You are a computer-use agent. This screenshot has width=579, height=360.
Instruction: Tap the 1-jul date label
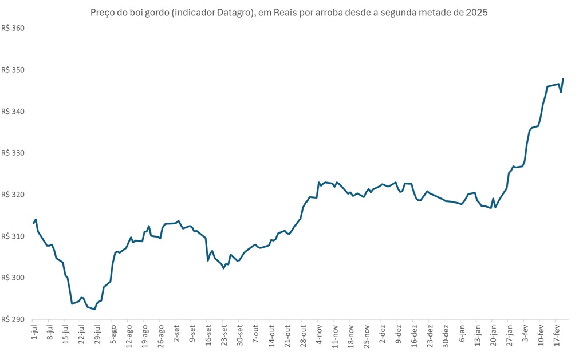34,332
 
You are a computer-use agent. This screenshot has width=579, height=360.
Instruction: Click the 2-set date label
177,332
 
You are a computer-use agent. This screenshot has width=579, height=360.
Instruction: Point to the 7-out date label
255,332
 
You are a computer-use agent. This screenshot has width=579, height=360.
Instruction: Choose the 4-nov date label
319,332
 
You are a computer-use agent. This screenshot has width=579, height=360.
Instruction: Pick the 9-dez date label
398,332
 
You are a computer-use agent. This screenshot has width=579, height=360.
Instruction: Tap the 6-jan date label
462,332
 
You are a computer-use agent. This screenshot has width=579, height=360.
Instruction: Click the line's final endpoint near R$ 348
563,78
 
